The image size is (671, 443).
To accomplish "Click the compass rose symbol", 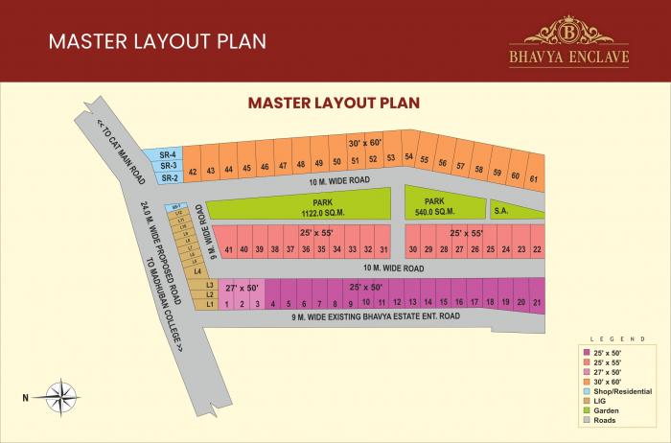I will tap(59, 395).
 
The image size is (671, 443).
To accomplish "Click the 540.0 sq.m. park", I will tap(442, 205).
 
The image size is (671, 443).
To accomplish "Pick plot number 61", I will tap(534, 176).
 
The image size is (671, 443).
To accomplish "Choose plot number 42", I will tap(193, 172).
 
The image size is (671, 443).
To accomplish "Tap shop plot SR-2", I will tap(170, 177).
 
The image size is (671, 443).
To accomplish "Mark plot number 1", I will tap(227, 304).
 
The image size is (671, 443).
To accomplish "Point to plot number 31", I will tap(382, 249).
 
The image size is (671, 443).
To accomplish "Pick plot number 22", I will tap(537, 249).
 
